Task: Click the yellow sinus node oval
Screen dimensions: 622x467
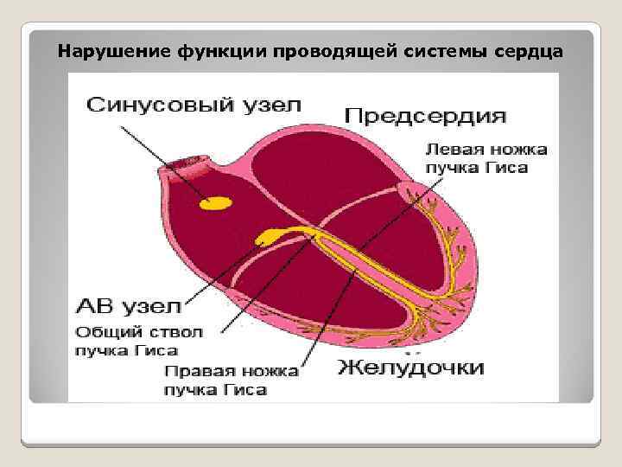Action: [216, 203]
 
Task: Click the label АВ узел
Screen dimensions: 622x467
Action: [129, 306]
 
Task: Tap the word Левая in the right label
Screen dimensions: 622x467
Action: [451, 149]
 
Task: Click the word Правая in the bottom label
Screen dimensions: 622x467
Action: [194, 371]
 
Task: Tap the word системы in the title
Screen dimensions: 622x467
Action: [448, 50]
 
